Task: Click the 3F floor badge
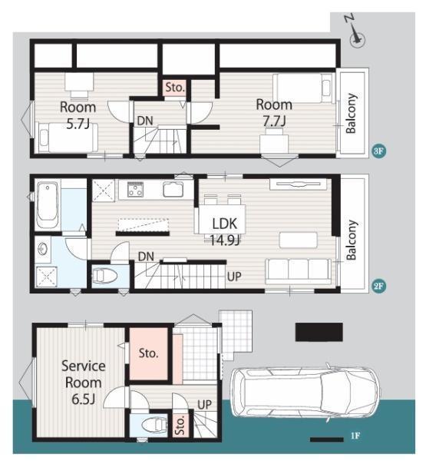(378, 151)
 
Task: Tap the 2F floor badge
(378, 286)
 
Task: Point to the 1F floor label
(355, 436)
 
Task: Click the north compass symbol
(356, 34)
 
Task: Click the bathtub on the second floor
(47, 205)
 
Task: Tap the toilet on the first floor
(154, 425)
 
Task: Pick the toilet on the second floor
(105, 276)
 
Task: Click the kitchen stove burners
(135, 189)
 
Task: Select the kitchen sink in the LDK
(173, 189)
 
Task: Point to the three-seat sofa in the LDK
(299, 271)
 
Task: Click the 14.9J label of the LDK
(225, 240)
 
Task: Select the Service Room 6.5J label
(84, 383)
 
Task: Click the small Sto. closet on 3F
(175, 88)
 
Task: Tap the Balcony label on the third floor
(351, 114)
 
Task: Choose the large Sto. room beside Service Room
(149, 353)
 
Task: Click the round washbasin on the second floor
(44, 250)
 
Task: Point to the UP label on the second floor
(234, 277)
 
